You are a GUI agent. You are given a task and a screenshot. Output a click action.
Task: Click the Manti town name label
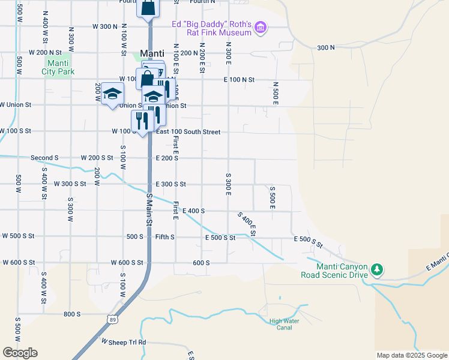pyautogui.click(x=152, y=53)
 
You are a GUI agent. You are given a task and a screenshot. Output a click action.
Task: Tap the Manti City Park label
pyautogui.click(x=58, y=67)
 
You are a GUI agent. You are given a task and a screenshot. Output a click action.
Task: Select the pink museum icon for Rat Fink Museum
pyautogui.click(x=260, y=28)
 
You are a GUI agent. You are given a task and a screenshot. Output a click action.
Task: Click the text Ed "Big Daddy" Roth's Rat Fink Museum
pyautogui.click(x=211, y=28)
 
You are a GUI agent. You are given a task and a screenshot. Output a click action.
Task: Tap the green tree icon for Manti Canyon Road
pyautogui.click(x=376, y=270)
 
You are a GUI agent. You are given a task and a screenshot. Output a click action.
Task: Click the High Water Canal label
pyautogui.click(x=284, y=324)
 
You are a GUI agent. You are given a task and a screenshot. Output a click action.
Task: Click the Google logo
pyautogui.click(x=20, y=353)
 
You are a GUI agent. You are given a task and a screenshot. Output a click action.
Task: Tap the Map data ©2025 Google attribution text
pyautogui.click(x=411, y=355)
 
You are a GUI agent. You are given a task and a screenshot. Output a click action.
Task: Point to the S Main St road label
pyautogui.click(x=149, y=209)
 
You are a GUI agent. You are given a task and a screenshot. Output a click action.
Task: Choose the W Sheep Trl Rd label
pyautogui.click(x=124, y=342)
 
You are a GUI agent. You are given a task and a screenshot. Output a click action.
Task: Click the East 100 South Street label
pyautogui.click(x=188, y=131)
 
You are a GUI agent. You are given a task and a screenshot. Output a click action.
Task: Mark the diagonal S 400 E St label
pyautogui.click(x=247, y=224)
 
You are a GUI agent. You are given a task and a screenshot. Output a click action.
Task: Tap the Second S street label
pyautogui.click(x=44, y=158)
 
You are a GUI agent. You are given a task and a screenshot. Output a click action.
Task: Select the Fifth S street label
pyautogui.click(x=164, y=237)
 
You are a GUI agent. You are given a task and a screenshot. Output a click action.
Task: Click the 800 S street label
pyautogui.click(x=71, y=314)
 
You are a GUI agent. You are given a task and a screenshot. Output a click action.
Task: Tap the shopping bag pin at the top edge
pyautogui.click(x=148, y=8)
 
